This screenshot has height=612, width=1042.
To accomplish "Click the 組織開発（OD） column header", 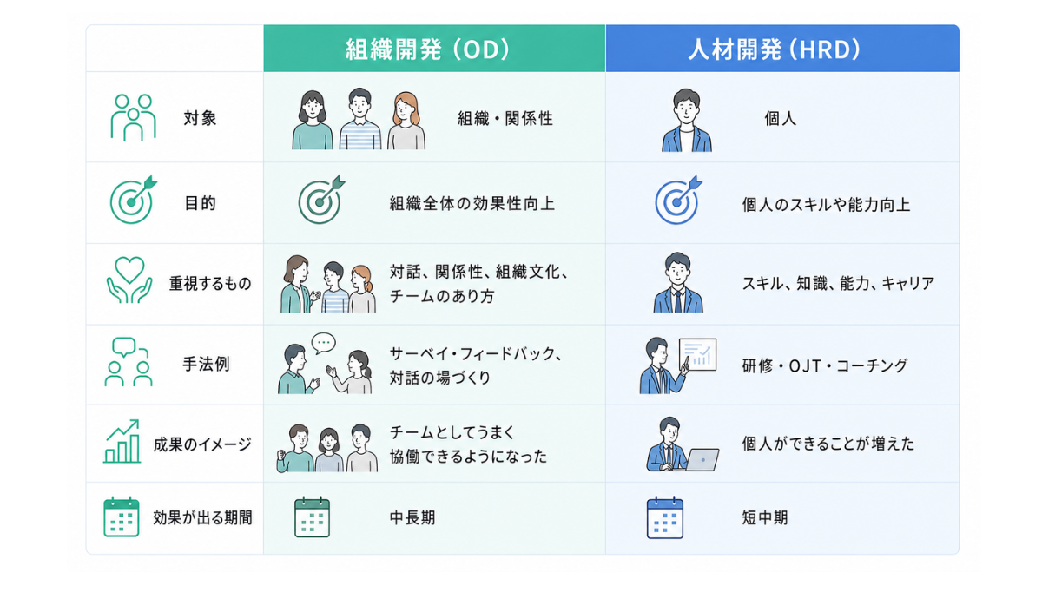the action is point(427,49).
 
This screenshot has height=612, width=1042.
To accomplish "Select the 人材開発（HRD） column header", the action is point(774,49).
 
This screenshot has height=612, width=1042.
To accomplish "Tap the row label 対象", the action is point(200,118).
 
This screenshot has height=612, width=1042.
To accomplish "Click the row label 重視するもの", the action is point(210,283).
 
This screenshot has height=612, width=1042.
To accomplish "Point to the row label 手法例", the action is point(206,364).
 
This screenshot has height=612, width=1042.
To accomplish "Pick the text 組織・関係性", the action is point(505,119).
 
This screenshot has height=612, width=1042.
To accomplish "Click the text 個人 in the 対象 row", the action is point(780,119).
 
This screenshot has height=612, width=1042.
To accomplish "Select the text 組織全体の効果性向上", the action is point(472,204).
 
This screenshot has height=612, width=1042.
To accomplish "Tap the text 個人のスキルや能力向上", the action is point(826,205).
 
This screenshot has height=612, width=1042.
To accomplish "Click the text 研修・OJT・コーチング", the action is point(825,366).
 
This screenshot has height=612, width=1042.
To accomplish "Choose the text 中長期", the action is point(412,517).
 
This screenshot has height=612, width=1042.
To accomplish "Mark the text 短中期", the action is point(765,517).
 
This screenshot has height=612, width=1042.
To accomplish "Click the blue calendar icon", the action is point(665,517).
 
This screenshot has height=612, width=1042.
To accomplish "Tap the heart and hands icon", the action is point(129,280).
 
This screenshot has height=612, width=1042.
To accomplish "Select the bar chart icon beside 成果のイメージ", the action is point(122,441).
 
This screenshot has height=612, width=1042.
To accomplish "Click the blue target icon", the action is point(678,200).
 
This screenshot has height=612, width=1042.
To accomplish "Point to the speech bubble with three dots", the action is point(323,343).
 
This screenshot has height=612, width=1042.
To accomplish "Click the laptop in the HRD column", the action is point(702,459).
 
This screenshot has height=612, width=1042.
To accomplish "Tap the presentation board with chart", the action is point(697,354).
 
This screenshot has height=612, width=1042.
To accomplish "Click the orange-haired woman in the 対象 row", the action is point(406,121).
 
